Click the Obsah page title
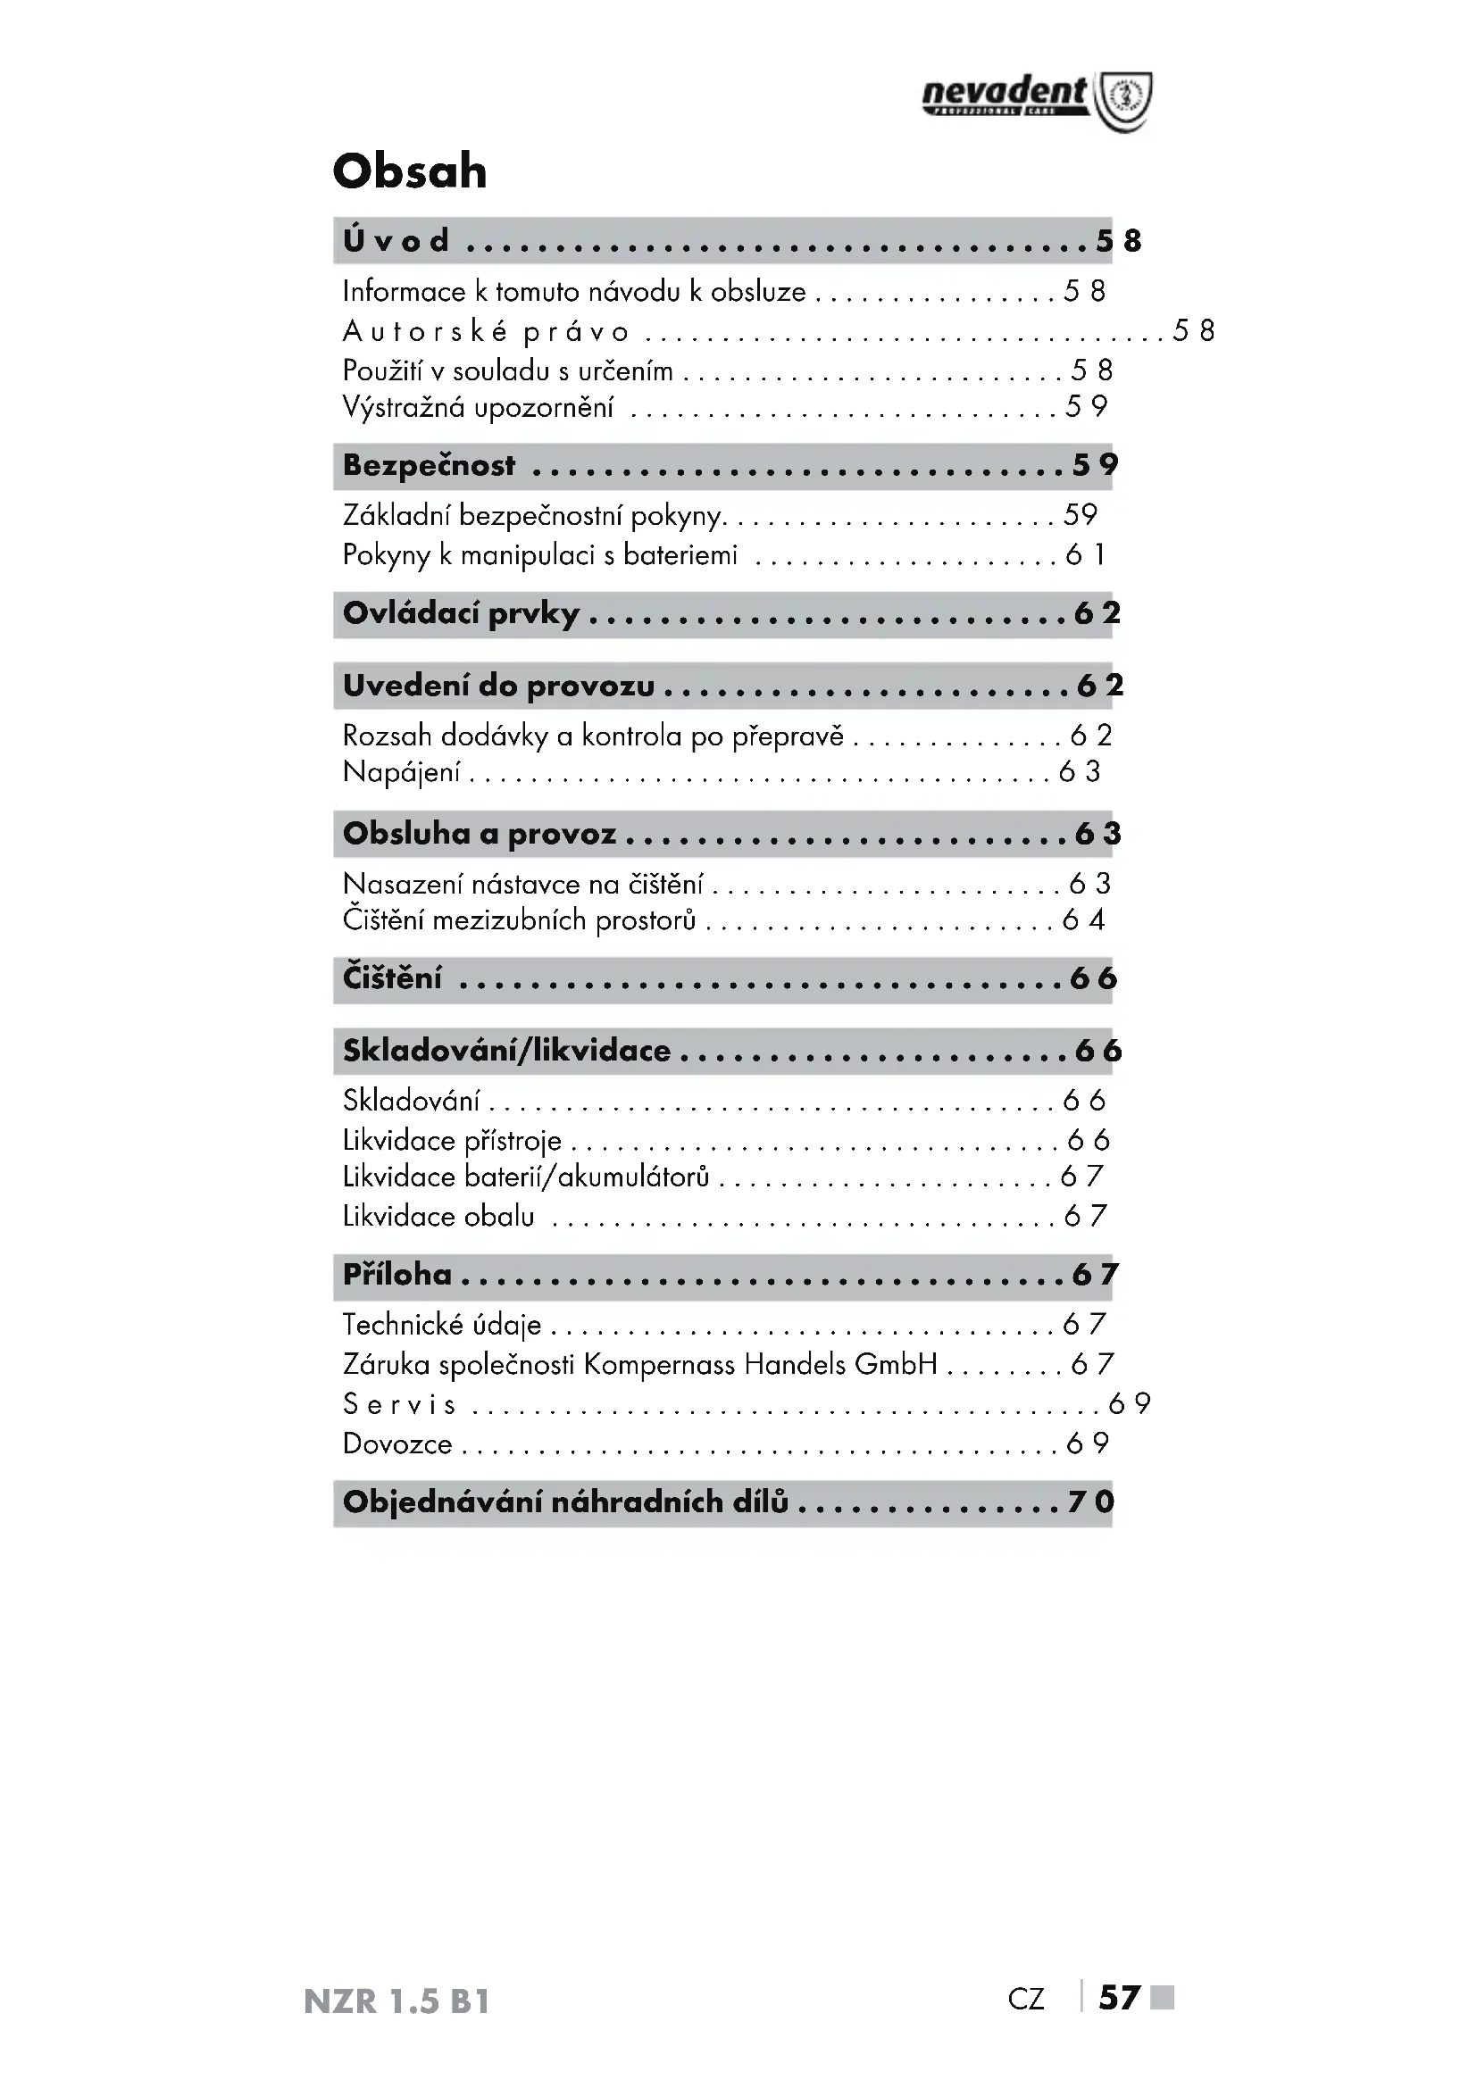[409, 171]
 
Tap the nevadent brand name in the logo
[1003, 93]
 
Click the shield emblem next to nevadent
[1124, 100]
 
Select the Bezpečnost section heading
[429, 466]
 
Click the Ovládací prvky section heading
[460, 614]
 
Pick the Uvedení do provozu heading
[498, 686]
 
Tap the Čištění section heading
[392, 978]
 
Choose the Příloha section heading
[396, 1275]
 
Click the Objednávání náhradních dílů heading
[564, 1502]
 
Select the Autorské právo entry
[486, 332]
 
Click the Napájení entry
[401, 772]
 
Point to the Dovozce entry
[397, 1443]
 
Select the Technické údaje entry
[442, 1325]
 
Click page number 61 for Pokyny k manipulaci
[1086, 554]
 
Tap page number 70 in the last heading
[1091, 1502]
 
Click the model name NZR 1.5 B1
[396, 2001]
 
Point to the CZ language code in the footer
[1026, 2000]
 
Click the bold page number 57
[1119, 1998]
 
